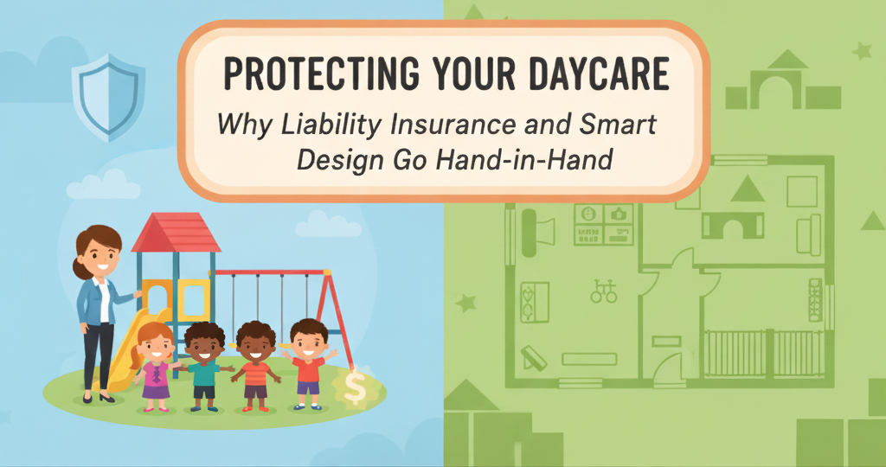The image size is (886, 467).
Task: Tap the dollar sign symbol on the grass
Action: (356, 387)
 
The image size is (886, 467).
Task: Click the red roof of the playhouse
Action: (176, 233)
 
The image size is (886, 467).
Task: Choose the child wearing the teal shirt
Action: (205, 363)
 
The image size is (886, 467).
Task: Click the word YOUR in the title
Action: (458, 75)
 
